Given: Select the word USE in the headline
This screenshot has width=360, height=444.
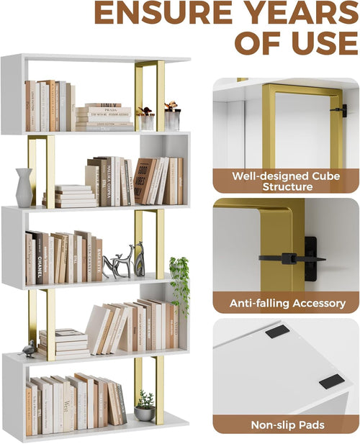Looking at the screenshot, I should [x=320, y=42].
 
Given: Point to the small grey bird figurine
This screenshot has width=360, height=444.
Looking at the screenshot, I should [x=29, y=349].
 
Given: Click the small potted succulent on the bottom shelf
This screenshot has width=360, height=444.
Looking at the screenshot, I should [x=145, y=407].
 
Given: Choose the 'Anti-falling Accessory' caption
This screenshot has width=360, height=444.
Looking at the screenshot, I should [x=287, y=304].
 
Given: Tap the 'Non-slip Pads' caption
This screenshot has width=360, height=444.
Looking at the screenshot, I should [x=287, y=425].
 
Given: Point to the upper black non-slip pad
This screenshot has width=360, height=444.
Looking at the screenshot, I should [x=277, y=332].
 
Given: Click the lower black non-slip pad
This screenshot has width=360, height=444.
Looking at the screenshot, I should [x=331, y=381].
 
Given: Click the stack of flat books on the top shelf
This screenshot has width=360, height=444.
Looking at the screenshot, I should [x=104, y=117].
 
